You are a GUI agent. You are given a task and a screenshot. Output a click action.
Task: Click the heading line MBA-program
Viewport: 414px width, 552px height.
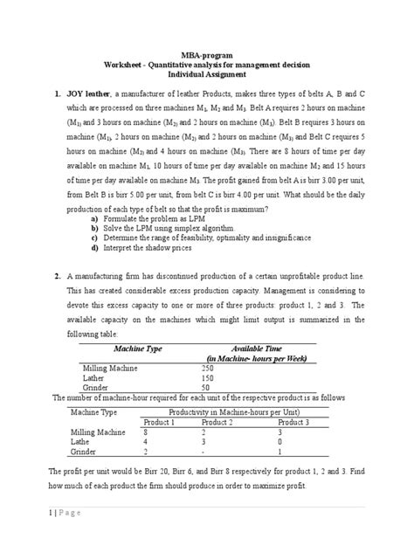coord(207,55)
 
